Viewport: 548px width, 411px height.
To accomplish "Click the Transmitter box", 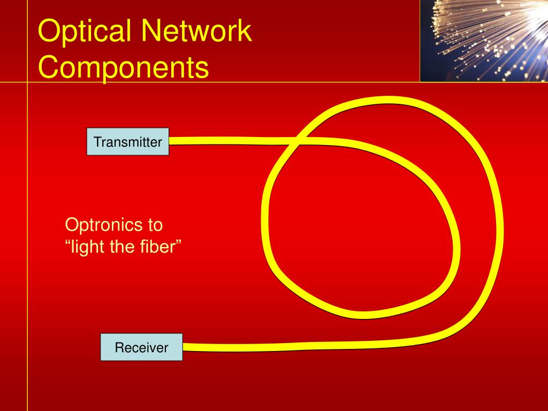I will pyautogui.click(x=127, y=142).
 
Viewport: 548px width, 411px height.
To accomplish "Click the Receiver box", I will pyautogui.click(x=141, y=347).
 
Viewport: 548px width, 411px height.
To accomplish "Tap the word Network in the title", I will pyautogui.click(x=196, y=32).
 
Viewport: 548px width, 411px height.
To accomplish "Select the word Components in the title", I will pyautogui.click(x=124, y=68).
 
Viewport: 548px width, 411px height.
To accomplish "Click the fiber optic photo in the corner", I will pyautogui.click(x=483, y=41).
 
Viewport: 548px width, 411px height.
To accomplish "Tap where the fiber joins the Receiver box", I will pyautogui.click(x=184, y=347).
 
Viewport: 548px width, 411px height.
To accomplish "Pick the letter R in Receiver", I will pyautogui.click(x=119, y=348).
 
